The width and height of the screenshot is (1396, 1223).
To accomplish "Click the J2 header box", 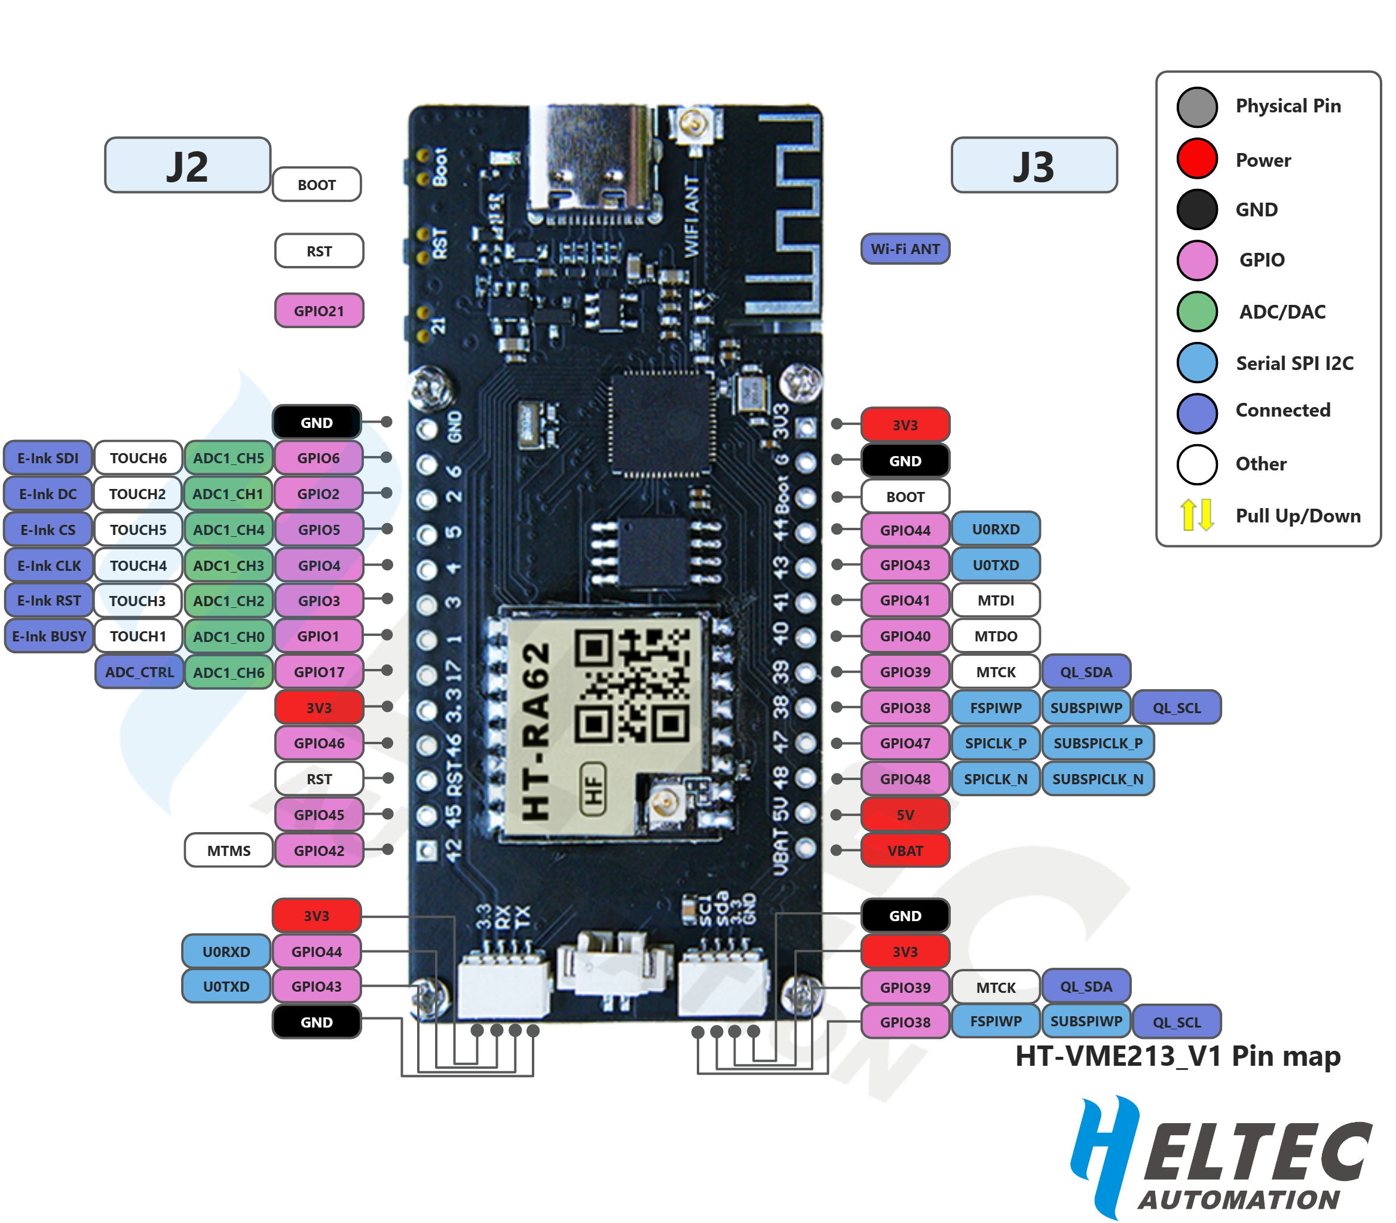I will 187,166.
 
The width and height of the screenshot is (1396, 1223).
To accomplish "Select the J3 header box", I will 1034,166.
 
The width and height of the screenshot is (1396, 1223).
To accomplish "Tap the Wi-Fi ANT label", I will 905,249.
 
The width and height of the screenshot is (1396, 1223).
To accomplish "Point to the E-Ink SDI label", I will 48,458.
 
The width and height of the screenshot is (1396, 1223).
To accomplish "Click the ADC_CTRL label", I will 139,672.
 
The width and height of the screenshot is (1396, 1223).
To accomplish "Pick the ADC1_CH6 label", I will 228,672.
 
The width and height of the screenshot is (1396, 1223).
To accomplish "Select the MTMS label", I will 228,851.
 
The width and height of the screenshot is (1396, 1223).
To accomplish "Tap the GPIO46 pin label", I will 319,743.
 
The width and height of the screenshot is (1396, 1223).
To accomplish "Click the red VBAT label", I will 905,851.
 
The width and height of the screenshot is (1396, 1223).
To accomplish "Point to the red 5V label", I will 905,815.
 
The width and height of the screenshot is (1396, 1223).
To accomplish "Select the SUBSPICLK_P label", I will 1097,743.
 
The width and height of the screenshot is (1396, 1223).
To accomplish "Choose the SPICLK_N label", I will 996,779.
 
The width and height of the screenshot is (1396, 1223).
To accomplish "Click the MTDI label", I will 996,601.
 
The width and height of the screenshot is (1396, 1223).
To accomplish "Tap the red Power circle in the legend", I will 1197,159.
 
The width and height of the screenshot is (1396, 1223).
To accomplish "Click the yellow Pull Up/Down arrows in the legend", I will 1197,515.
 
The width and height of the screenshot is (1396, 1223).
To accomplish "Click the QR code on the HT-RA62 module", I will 632,685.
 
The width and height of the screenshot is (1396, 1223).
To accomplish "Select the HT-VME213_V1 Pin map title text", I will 1178,1056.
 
